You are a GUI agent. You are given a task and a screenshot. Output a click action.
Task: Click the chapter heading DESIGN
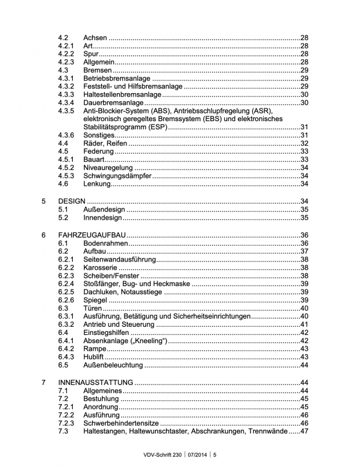click(72, 201)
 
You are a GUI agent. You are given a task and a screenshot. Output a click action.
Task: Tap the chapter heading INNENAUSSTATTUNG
click(96, 382)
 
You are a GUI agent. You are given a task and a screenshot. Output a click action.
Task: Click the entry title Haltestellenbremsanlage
click(122, 94)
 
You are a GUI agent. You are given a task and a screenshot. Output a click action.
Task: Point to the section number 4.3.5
click(66, 111)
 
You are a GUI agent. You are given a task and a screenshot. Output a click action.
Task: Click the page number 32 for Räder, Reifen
click(303, 143)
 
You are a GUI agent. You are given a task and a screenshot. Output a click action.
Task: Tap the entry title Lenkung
click(97, 184)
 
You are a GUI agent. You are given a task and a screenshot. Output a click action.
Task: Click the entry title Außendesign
click(104, 210)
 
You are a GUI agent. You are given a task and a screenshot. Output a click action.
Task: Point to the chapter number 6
click(44, 235)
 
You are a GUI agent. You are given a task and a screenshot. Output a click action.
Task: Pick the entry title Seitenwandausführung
click(119, 259)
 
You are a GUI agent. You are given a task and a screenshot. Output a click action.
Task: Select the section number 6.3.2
click(66, 324)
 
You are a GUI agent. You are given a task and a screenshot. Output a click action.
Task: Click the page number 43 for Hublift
click(303, 357)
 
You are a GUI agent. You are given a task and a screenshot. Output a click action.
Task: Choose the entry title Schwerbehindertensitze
click(124, 423)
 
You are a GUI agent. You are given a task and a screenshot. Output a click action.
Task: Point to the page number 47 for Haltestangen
click(303, 431)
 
